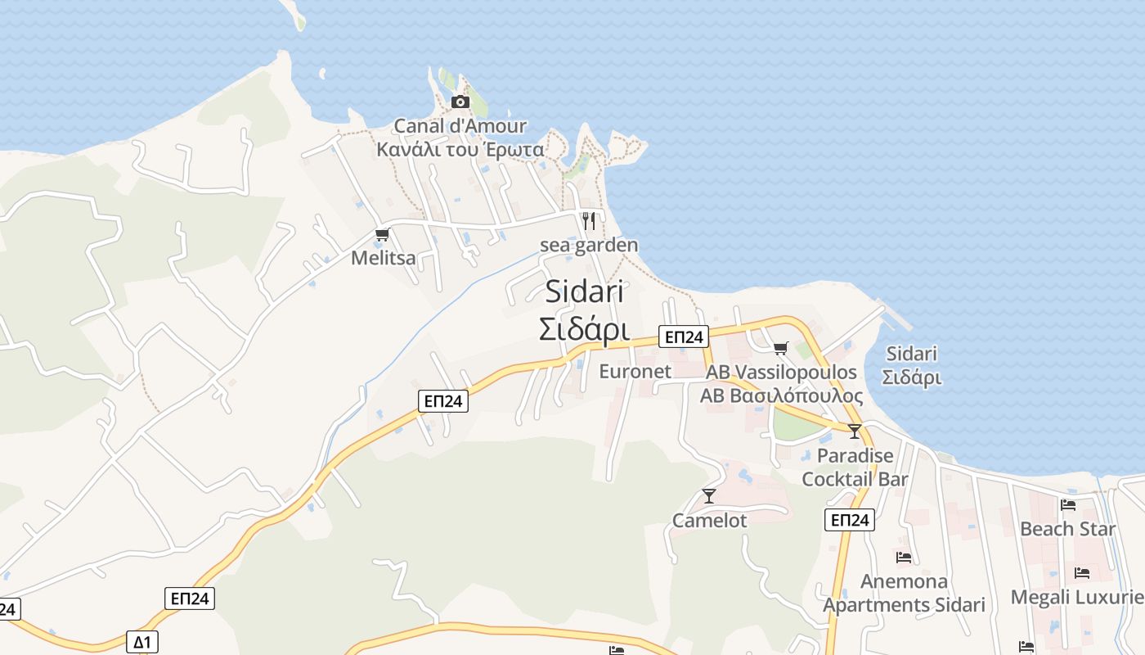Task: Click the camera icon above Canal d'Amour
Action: click(x=460, y=102)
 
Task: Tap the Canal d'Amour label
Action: click(x=460, y=126)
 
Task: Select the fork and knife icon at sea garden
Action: click(x=588, y=220)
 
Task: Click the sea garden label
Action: click(x=589, y=245)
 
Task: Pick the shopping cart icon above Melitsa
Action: click(x=382, y=235)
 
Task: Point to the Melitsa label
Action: click(x=383, y=258)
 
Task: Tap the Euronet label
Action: click(x=635, y=371)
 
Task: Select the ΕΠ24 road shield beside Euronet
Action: click(x=684, y=337)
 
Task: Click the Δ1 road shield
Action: click(x=141, y=640)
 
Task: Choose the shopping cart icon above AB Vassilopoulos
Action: click(x=781, y=348)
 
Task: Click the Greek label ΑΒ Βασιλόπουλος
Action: click(x=781, y=396)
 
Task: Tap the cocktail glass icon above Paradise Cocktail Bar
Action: click(x=855, y=431)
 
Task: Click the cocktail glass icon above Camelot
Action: click(x=709, y=496)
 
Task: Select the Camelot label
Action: click(x=709, y=520)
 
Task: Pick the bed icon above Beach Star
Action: click(x=1067, y=505)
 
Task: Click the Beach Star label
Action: click(x=1067, y=529)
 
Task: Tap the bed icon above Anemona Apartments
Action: click(x=904, y=558)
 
